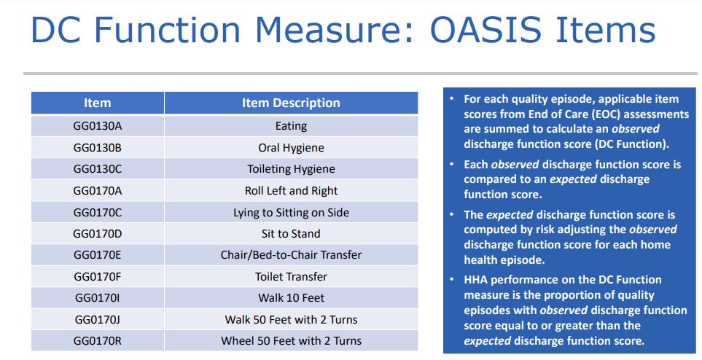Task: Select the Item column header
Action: point(97,103)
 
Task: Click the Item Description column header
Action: point(291,103)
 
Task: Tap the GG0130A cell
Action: point(97,126)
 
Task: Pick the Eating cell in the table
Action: point(291,126)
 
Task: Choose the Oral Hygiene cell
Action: point(291,148)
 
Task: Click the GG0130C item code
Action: point(97,169)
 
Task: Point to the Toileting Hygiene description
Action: point(291,169)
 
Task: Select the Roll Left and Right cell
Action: point(291,191)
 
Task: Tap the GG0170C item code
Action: point(97,212)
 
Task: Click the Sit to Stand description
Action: point(291,234)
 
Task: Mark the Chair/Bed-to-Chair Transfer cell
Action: point(291,255)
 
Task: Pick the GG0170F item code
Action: point(97,277)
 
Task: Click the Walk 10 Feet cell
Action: point(291,298)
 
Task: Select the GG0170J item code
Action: point(97,319)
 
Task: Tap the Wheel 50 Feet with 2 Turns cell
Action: point(291,341)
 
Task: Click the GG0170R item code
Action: point(97,341)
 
